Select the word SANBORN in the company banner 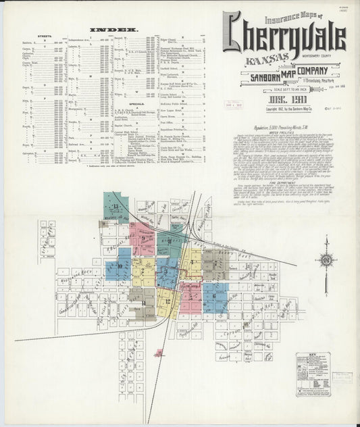[x=253, y=76]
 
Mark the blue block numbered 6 [x=215, y=296]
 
